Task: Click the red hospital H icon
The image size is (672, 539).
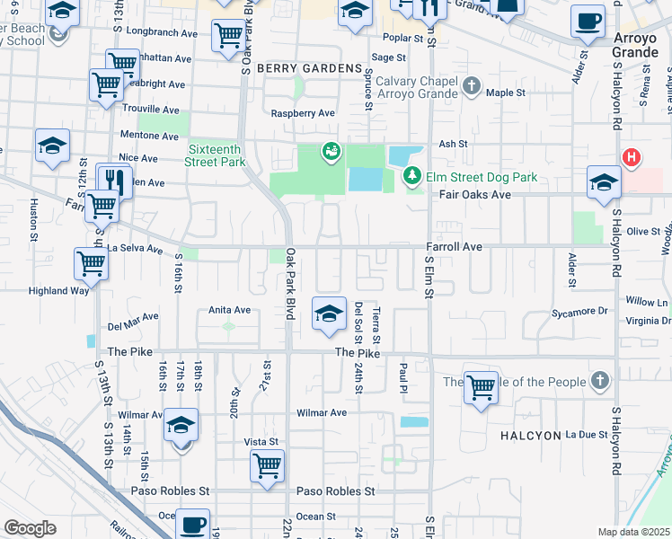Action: [632, 158]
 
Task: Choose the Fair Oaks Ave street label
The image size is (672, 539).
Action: [475, 194]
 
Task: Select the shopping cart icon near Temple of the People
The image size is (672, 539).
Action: [482, 387]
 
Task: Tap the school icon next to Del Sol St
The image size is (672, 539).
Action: [330, 314]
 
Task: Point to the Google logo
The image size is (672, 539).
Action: [30, 528]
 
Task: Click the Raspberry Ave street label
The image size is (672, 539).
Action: [303, 113]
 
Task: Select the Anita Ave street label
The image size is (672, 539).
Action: [229, 310]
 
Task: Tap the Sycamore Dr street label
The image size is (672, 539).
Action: [579, 311]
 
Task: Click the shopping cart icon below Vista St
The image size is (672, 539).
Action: [268, 465]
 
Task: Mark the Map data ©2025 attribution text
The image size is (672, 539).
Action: [633, 532]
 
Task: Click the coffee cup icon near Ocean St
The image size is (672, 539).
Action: [191, 523]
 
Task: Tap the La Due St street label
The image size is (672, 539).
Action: [587, 435]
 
